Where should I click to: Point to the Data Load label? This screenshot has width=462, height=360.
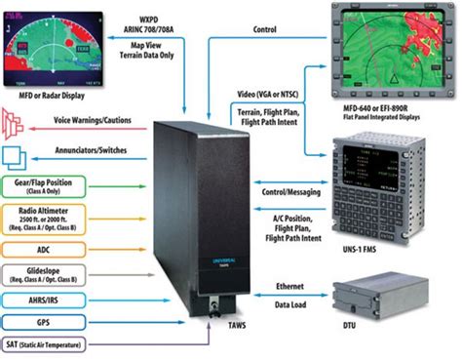tap(284, 304)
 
